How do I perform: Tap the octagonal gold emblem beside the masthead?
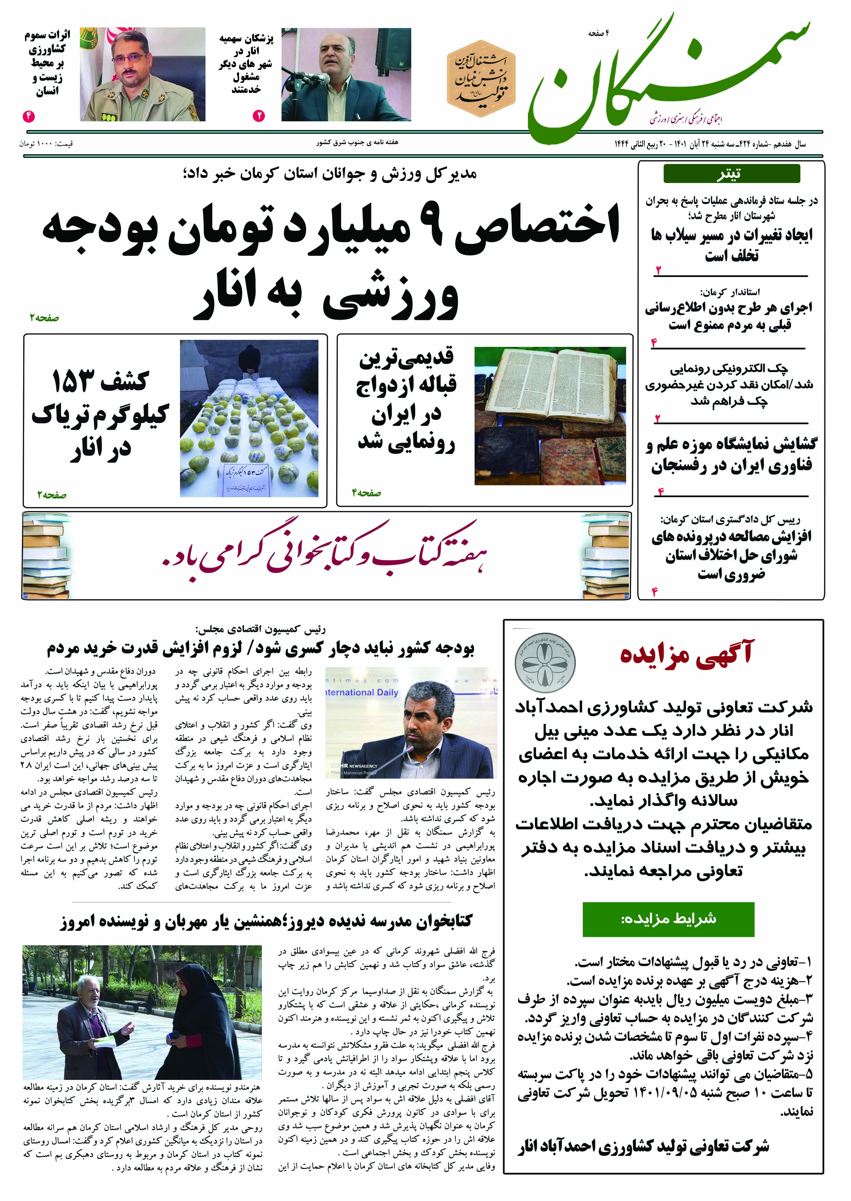point(481,79)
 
